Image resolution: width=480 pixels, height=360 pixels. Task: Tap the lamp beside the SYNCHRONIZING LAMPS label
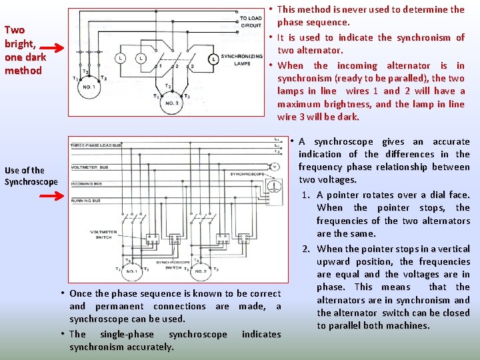[212, 59]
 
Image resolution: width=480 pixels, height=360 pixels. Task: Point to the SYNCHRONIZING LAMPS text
[241, 60]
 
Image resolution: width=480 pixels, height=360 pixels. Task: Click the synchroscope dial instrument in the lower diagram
[271, 185]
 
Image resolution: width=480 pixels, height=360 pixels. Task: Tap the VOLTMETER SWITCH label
[104, 234]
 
